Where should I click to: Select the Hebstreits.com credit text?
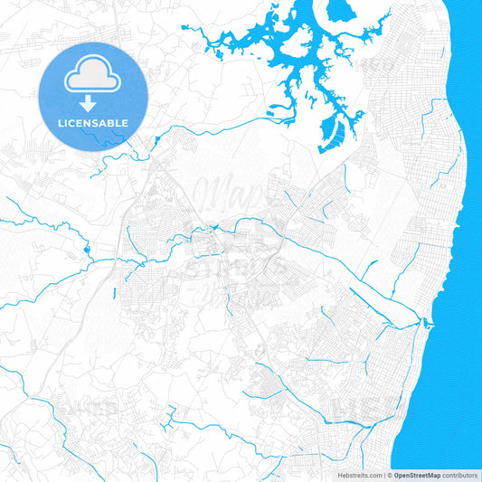coord(358,475)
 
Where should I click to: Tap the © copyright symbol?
coord(390,475)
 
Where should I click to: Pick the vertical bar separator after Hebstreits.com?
coord(384,475)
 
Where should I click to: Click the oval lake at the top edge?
coord(340,12)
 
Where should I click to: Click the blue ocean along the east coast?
coord(461,226)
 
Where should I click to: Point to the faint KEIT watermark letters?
coord(377,65)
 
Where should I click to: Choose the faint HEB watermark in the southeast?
coord(357,411)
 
